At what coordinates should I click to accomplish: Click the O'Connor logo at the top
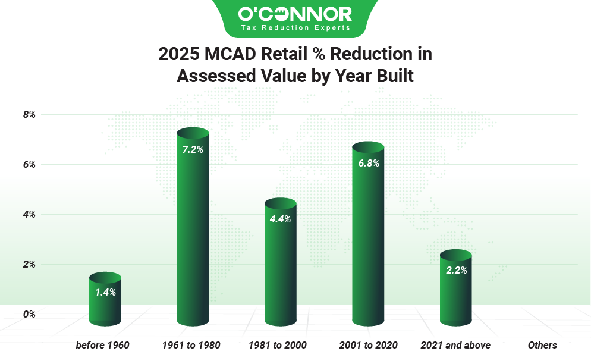point(295,13)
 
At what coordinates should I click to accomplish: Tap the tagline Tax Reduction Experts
point(295,27)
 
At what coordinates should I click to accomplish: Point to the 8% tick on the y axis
point(29,114)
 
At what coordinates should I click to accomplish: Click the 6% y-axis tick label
point(29,164)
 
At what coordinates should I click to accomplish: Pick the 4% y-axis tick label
point(29,214)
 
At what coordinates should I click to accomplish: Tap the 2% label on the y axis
point(29,264)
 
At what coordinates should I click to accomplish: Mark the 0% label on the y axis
point(29,314)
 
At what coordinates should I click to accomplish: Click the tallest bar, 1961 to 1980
point(193,232)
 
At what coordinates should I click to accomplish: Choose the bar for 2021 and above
point(455,291)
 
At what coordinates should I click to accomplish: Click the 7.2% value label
point(193,150)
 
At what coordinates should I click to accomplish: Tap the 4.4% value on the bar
point(280,219)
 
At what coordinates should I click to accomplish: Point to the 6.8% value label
point(368,162)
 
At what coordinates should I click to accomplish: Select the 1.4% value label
point(105,292)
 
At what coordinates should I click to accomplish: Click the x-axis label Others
point(542,345)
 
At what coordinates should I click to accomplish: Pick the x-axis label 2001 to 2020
point(368,345)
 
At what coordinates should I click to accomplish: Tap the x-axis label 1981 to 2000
point(280,345)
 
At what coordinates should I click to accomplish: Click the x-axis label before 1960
point(102,345)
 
